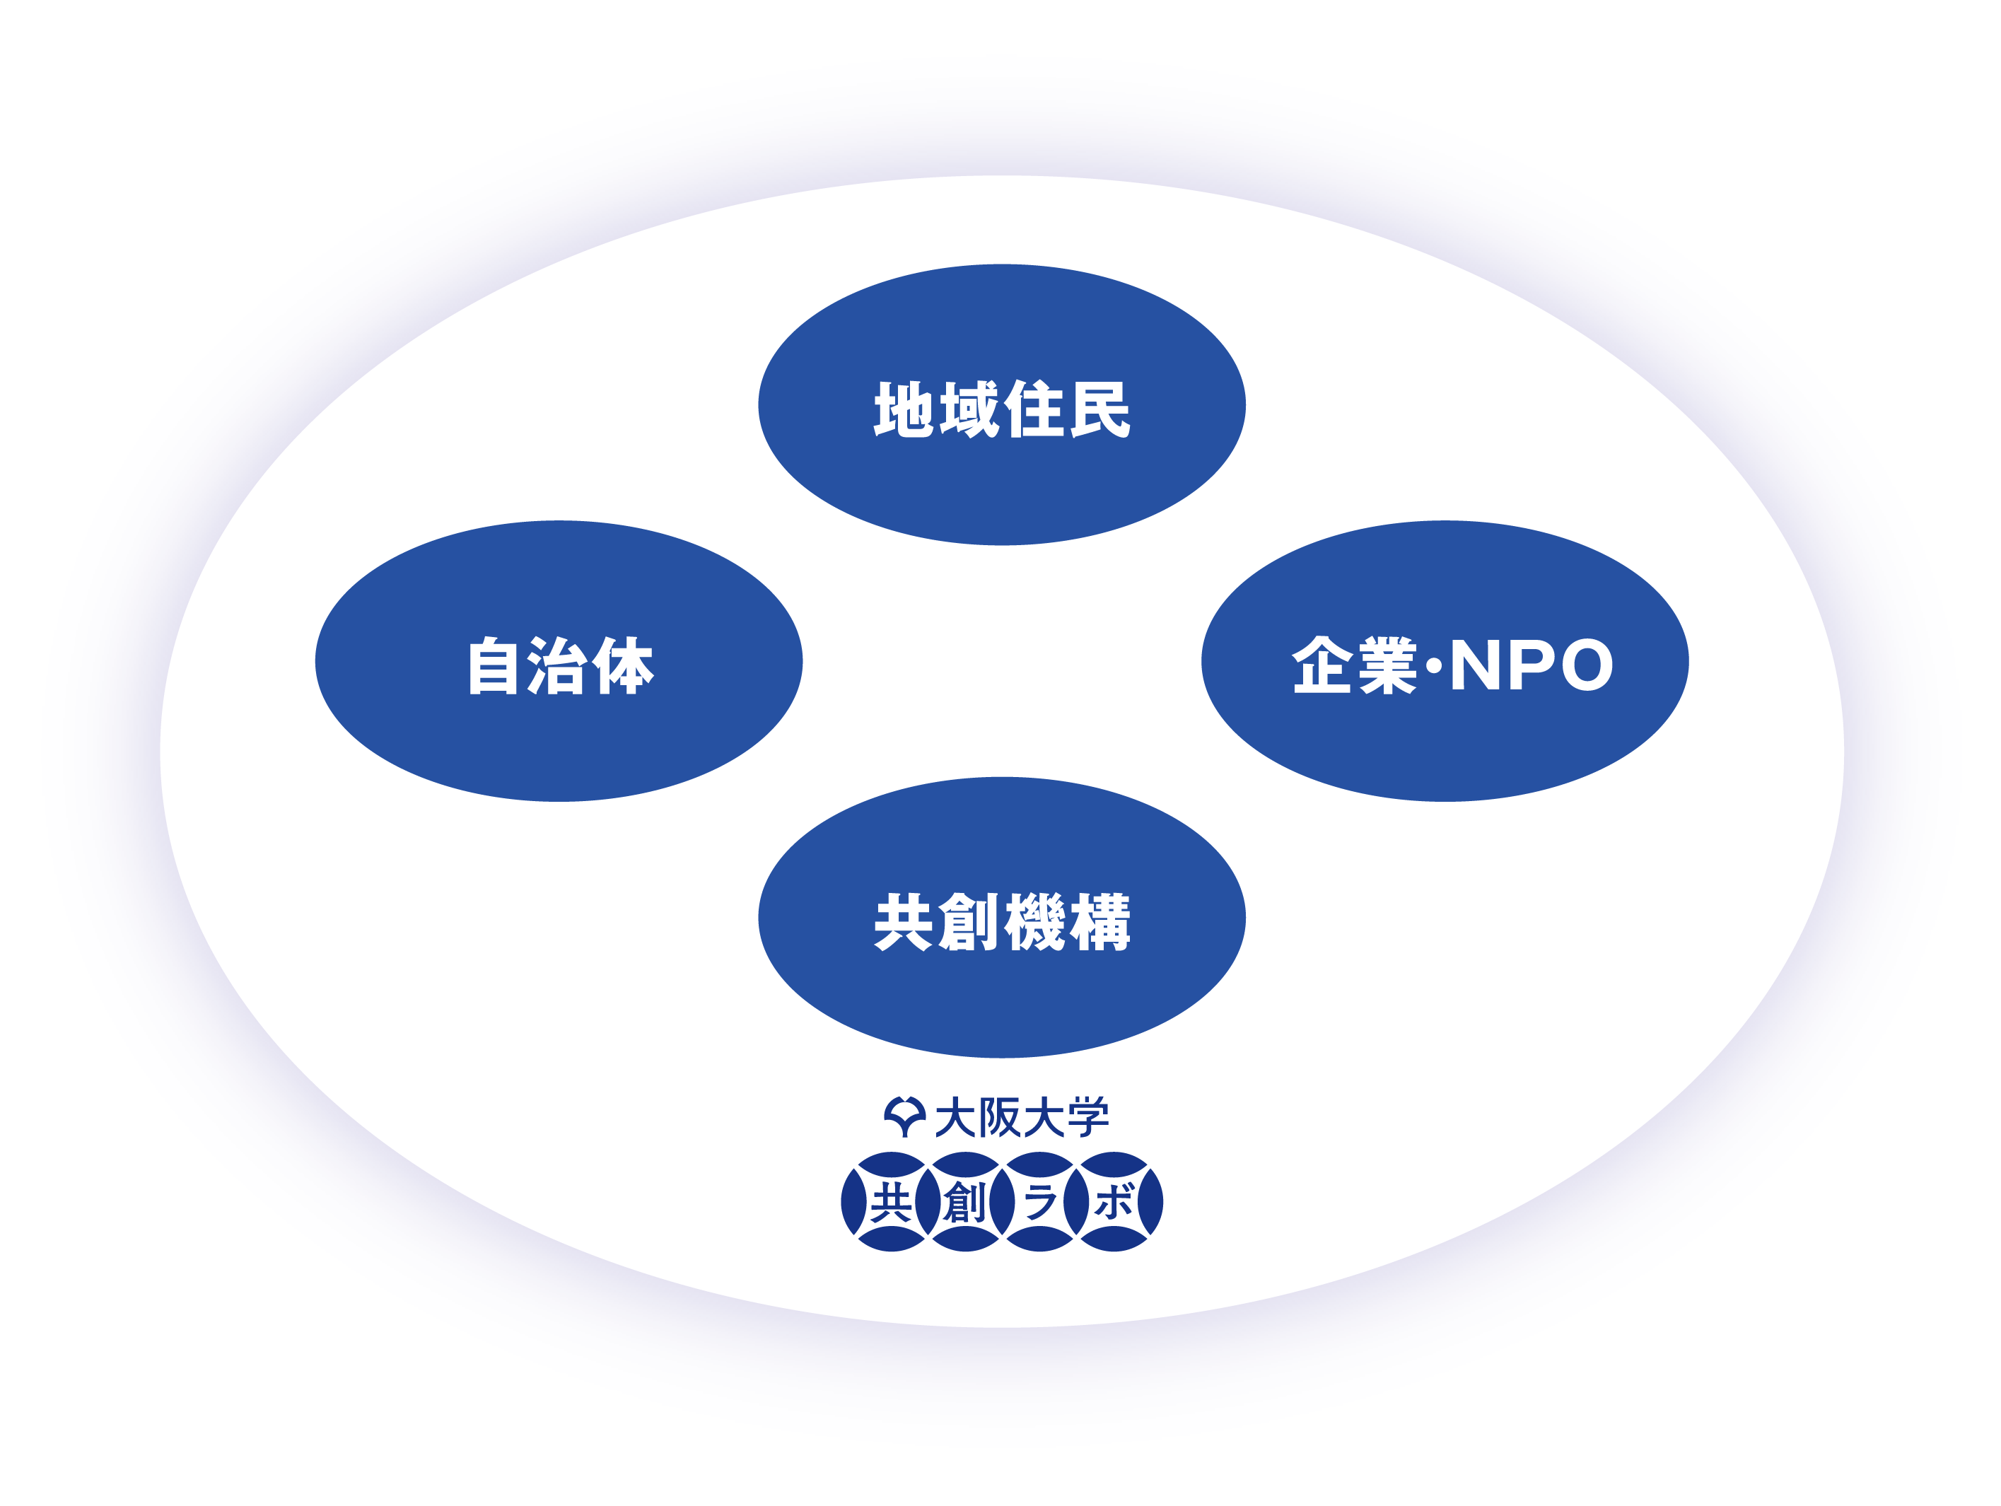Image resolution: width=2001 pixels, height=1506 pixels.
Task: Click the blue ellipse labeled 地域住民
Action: [x=1001, y=404]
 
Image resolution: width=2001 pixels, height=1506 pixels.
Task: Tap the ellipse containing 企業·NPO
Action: [x=1445, y=660]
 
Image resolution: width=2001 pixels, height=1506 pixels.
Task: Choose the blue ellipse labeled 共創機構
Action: [x=1001, y=917]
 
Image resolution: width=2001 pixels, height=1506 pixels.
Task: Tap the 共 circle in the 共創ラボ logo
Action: [x=891, y=1202]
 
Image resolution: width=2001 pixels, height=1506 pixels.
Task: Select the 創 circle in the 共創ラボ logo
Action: [x=965, y=1202]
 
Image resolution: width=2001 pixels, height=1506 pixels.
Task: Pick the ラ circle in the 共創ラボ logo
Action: [x=1039, y=1202]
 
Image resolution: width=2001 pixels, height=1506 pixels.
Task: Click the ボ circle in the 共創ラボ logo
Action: [x=1114, y=1202]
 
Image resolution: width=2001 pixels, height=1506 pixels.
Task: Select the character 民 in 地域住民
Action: [x=1101, y=409]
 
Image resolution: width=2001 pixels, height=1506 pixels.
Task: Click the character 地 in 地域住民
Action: [x=904, y=409]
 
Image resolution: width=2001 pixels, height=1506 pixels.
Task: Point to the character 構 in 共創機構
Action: [x=1101, y=922]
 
